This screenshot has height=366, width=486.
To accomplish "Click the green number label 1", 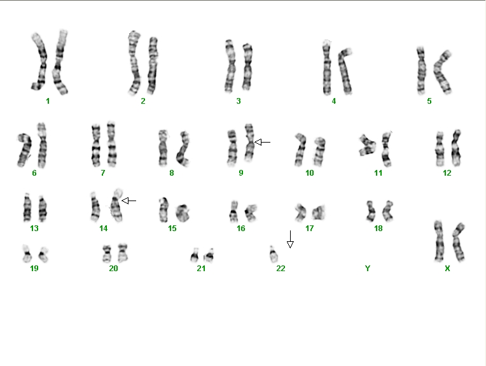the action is pyautogui.click(x=48, y=101).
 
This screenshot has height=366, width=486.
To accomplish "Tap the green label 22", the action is pyautogui.click(x=281, y=269).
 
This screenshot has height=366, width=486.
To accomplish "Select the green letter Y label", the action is pyautogui.click(x=368, y=269).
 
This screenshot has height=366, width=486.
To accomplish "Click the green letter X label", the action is pyautogui.click(x=447, y=269).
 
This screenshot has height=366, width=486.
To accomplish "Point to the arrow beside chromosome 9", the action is pyautogui.click(x=262, y=142).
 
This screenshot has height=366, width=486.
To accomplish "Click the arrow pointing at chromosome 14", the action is pyautogui.click(x=128, y=201).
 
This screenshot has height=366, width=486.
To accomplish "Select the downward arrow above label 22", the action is pyautogui.click(x=290, y=239).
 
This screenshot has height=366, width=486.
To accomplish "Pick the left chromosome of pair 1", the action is pyautogui.click(x=39, y=61).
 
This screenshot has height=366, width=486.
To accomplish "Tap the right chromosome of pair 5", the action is pyautogui.click(x=441, y=72).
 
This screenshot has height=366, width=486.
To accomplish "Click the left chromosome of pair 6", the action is pyautogui.click(x=24, y=150).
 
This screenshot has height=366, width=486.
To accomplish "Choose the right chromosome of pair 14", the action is pyautogui.click(x=116, y=205).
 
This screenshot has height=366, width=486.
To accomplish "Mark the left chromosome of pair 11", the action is pyautogui.click(x=367, y=145).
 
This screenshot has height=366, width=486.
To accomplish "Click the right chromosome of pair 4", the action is pyautogui.click(x=345, y=71).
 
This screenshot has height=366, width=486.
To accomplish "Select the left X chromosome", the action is pyautogui.click(x=438, y=241).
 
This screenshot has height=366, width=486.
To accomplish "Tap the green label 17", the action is pyautogui.click(x=309, y=229).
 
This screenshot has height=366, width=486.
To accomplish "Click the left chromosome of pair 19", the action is pyautogui.click(x=27, y=253).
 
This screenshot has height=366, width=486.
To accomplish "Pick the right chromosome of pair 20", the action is pyautogui.click(x=123, y=253).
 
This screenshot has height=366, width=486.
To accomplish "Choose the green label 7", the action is pyautogui.click(x=103, y=172).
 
